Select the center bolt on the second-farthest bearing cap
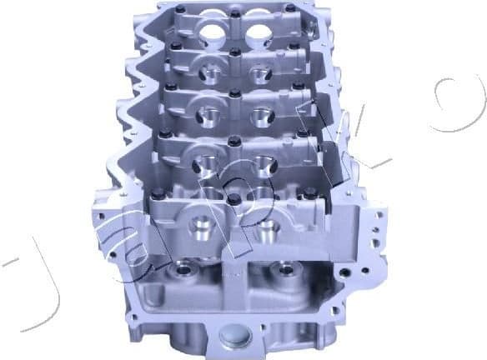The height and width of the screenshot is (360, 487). coord(235,52)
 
